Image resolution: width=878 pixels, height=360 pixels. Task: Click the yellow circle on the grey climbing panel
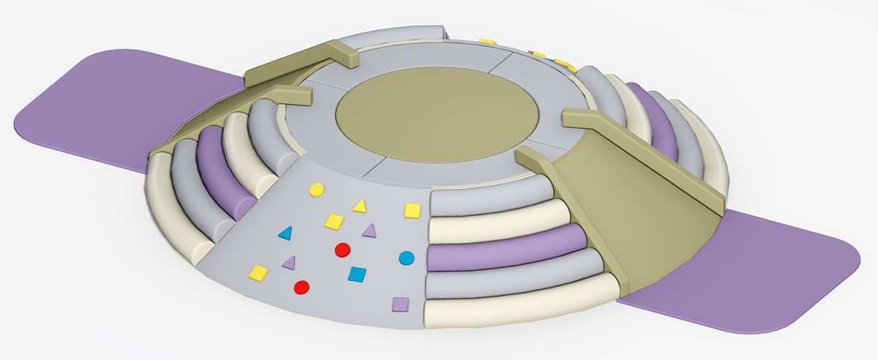tap(316, 190)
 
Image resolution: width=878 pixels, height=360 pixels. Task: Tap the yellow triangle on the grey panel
tap(359, 206)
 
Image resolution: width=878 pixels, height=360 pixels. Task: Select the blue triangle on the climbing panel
tap(285, 233)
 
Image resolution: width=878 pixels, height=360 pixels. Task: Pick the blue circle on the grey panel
tap(407, 258)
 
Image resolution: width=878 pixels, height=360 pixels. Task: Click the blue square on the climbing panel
tap(357, 274)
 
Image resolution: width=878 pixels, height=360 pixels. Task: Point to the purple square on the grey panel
tap(399, 303)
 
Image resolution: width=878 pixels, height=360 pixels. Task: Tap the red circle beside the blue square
tap(341, 250)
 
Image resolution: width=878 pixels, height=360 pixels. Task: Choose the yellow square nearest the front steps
tap(413, 211)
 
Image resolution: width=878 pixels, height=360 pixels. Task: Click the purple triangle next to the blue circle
tap(369, 231)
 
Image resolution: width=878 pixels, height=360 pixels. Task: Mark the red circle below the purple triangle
tap(301, 287)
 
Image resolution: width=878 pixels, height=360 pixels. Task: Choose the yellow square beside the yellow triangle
tap(334, 220)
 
